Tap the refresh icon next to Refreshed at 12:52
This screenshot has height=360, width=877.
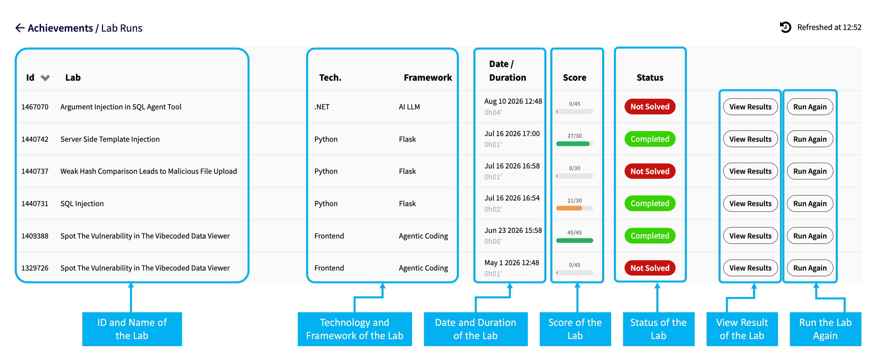(x=786, y=27)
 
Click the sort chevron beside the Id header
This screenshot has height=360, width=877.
(x=45, y=78)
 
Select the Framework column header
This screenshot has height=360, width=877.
(x=428, y=78)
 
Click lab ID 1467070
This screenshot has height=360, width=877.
(x=35, y=107)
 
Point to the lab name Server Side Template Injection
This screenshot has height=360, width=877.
(x=110, y=139)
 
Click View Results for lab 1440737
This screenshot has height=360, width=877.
(x=750, y=171)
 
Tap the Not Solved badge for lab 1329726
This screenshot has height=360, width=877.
(x=650, y=268)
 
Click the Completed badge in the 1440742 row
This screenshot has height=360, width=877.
(x=650, y=139)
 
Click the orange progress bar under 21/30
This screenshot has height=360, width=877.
(x=569, y=208)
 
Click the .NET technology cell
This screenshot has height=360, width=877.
(x=322, y=107)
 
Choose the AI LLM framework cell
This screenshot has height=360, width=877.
(x=409, y=107)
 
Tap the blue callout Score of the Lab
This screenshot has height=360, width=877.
(x=575, y=329)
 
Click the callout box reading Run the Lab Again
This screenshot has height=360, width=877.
(x=825, y=329)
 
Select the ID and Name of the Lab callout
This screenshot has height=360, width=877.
(x=132, y=329)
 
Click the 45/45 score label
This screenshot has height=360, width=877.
(x=574, y=233)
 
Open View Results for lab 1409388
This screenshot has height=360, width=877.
(x=750, y=236)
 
